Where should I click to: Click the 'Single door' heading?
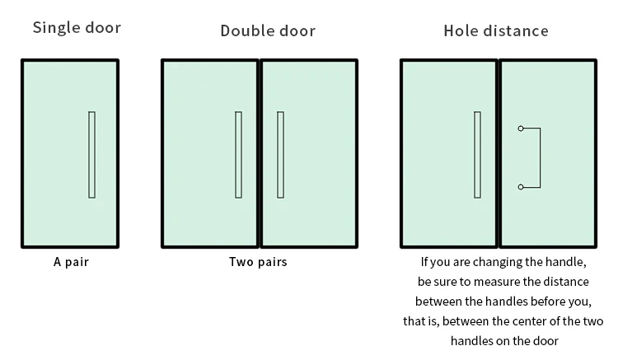click(x=77, y=28)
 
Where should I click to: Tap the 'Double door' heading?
click(x=268, y=31)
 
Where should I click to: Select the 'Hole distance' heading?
click(x=496, y=31)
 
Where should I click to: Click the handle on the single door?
click(x=91, y=155)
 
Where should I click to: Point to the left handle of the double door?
click(x=238, y=155)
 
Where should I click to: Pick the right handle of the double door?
click(x=280, y=155)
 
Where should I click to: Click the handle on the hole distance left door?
click(x=477, y=155)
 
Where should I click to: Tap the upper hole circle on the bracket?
click(x=521, y=129)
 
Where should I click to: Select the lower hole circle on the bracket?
click(x=521, y=187)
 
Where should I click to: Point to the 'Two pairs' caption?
click(x=258, y=263)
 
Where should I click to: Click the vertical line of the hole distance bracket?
click(x=540, y=157)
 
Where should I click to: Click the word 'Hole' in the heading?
click(x=460, y=31)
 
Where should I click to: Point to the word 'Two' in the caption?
click(x=240, y=263)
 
